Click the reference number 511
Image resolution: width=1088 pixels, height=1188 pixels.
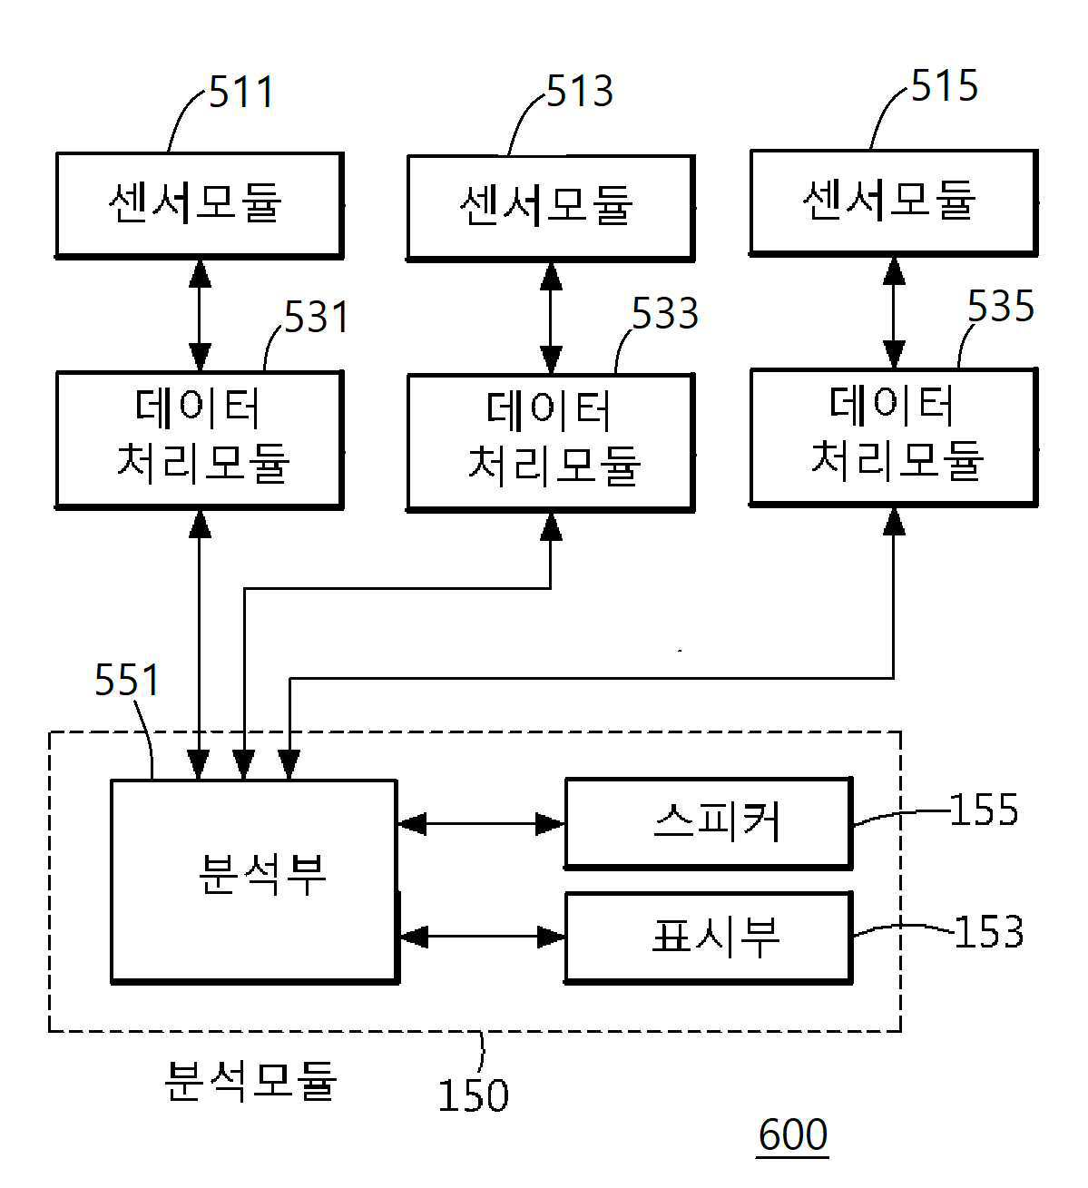click(241, 93)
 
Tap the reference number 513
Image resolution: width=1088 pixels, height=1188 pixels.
click(579, 91)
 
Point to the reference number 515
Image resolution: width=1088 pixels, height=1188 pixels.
click(944, 85)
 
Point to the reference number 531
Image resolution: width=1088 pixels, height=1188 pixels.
click(317, 317)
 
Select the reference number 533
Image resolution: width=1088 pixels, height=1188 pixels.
click(665, 313)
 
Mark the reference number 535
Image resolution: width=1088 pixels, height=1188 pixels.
click(1001, 306)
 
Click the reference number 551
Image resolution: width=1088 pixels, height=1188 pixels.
click(127, 680)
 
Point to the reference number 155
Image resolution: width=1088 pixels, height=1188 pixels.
click(985, 810)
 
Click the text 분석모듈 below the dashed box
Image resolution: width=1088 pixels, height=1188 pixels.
click(251, 1081)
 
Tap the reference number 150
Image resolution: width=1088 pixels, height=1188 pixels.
click(474, 1095)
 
